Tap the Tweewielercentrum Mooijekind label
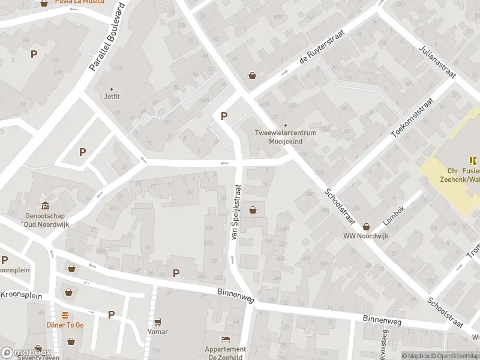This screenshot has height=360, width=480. click(x=286, y=136)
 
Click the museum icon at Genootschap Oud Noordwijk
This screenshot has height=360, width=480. click(x=44, y=205)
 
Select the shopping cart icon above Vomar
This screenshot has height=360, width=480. click(x=158, y=322)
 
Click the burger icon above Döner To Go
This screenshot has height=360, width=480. click(x=65, y=315)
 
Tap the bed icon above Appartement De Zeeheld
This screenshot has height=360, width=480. click(x=226, y=340)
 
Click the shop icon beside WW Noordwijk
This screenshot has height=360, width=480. click(x=366, y=226)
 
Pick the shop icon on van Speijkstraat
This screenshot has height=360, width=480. click(x=253, y=210)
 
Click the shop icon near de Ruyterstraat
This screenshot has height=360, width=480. click(x=253, y=76)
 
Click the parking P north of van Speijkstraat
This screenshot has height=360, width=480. click(x=224, y=116)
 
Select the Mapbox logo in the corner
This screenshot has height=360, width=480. click(x=25, y=353)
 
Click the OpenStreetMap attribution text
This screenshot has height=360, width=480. click(x=455, y=356)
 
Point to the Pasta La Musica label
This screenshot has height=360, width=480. click(x=79, y=2)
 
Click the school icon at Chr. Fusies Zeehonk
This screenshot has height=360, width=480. click(x=473, y=161)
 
